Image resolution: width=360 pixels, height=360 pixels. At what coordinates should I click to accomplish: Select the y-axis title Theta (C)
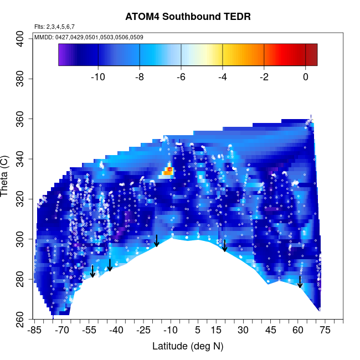tap(7, 178)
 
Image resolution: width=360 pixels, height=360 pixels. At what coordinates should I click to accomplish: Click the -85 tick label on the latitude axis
tap(35, 331)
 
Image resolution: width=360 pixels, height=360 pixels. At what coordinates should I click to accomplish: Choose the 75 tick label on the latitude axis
tap(325, 331)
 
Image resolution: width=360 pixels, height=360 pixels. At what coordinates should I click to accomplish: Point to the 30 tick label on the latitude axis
tap(243, 331)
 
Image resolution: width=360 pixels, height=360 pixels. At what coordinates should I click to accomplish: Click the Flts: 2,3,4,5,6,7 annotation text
tap(54, 26)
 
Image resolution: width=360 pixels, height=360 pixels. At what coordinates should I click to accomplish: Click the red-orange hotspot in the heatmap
tap(169, 170)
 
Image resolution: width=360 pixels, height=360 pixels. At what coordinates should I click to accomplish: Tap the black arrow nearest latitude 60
tap(300, 281)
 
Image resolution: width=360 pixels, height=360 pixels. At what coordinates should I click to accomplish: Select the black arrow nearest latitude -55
tap(93, 271)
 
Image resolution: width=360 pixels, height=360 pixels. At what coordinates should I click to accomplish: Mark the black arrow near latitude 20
tap(225, 246)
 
